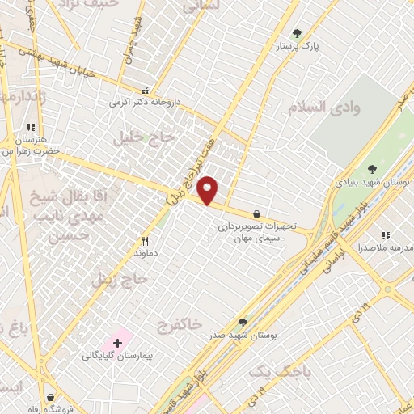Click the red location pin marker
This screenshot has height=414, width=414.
(x=208, y=190)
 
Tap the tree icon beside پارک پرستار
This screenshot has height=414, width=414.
(x=297, y=34)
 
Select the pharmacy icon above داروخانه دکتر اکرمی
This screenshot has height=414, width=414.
(x=146, y=91)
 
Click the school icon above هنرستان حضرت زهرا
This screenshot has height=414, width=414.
(x=32, y=128)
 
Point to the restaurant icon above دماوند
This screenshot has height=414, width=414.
(x=146, y=240)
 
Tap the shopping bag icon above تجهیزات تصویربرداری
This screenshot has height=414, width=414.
(x=257, y=214)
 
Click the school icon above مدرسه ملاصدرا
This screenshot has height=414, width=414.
(x=385, y=234)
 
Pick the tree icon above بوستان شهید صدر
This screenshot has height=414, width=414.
(x=243, y=322)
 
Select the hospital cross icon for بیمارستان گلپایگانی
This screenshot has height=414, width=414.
(x=118, y=344)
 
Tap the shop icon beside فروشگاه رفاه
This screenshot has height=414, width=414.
(x=53, y=397)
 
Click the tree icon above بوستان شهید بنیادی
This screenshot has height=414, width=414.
(x=371, y=170)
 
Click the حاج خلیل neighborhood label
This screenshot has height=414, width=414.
(x=144, y=138)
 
